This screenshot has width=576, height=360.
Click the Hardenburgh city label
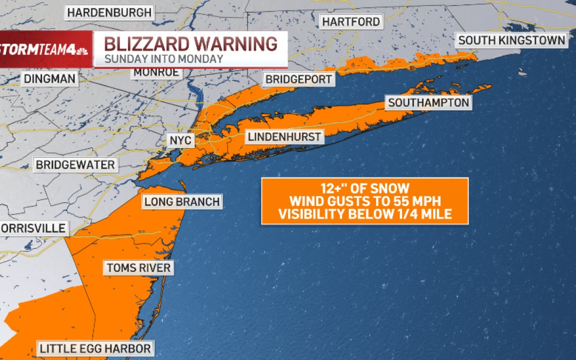pyautogui.click(x=109, y=12)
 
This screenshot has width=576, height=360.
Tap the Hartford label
pyautogui.click(x=351, y=22)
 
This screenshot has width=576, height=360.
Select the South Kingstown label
pyautogui.click(x=511, y=40)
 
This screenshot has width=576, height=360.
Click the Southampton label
pyautogui.click(x=428, y=102)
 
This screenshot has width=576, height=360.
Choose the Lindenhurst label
pyautogui.click(x=285, y=137)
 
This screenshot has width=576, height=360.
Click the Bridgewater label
pyautogui.click(x=75, y=165)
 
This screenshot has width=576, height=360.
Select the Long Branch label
pyautogui.click(x=182, y=202)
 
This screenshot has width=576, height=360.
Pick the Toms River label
pyautogui.click(x=138, y=268)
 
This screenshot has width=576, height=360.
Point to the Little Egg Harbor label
pyautogui.click(x=95, y=349)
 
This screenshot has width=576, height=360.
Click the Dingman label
pyautogui.click(x=49, y=79)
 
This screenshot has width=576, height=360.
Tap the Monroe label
pyautogui.click(x=149, y=73)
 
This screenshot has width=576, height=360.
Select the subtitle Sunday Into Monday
pyautogui.click(x=163, y=59)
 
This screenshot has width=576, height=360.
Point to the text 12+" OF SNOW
pyautogui.click(x=364, y=188)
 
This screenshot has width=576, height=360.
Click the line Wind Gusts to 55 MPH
pyautogui.click(x=364, y=202)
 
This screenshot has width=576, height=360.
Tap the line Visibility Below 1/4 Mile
pyautogui.click(x=364, y=214)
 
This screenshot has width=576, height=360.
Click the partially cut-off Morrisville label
pyautogui.click(x=33, y=229)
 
